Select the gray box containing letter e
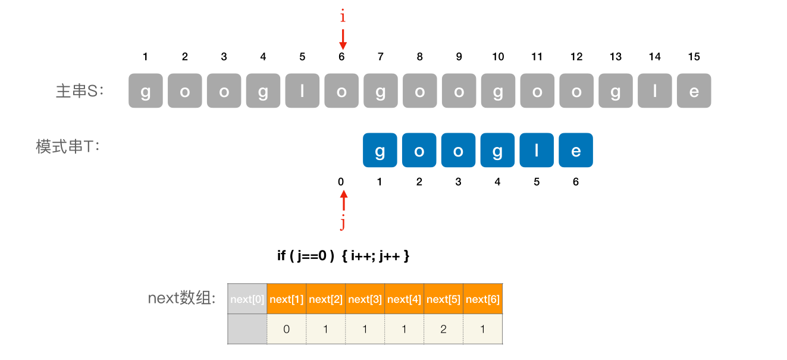point(694,91)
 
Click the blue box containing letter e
point(576,150)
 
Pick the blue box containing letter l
point(537,150)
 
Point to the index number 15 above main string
point(694,57)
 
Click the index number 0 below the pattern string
point(341,181)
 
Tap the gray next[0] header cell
point(247,299)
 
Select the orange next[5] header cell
point(443,299)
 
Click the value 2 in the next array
point(443,329)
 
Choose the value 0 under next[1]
point(287,329)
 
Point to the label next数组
point(181,298)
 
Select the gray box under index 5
point(302,91)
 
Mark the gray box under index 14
point(654,91)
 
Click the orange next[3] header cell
point(365,299)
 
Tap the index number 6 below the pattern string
point(576,181)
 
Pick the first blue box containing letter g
point(380,150)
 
